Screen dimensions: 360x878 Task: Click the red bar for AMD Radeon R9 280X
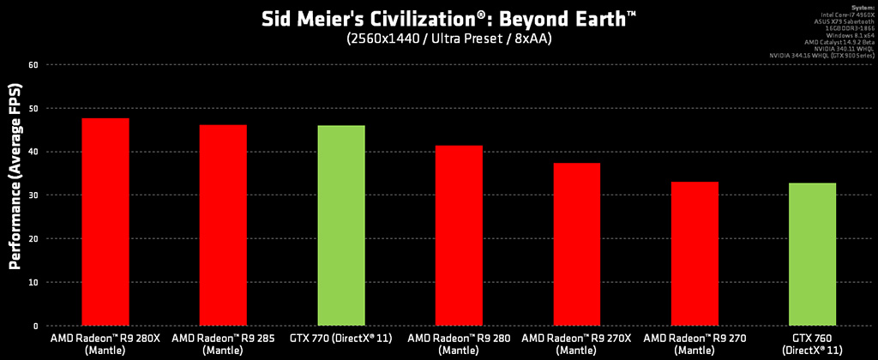pos(105,222)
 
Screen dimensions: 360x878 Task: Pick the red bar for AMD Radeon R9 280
pos(459,236)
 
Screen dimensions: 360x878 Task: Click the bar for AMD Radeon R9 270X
pos(576,244)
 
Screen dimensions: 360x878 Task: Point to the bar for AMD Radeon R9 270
pos(695,254)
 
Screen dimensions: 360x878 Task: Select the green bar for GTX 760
pos(812,255)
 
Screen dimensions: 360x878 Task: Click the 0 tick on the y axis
pos(34,326)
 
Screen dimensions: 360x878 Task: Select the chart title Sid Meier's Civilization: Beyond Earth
pos(438,19)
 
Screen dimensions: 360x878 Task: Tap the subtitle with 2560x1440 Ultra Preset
pos(438,39)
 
